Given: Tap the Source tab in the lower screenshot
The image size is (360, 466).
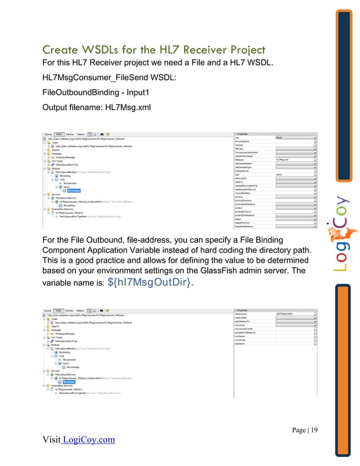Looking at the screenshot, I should (48, 310).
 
